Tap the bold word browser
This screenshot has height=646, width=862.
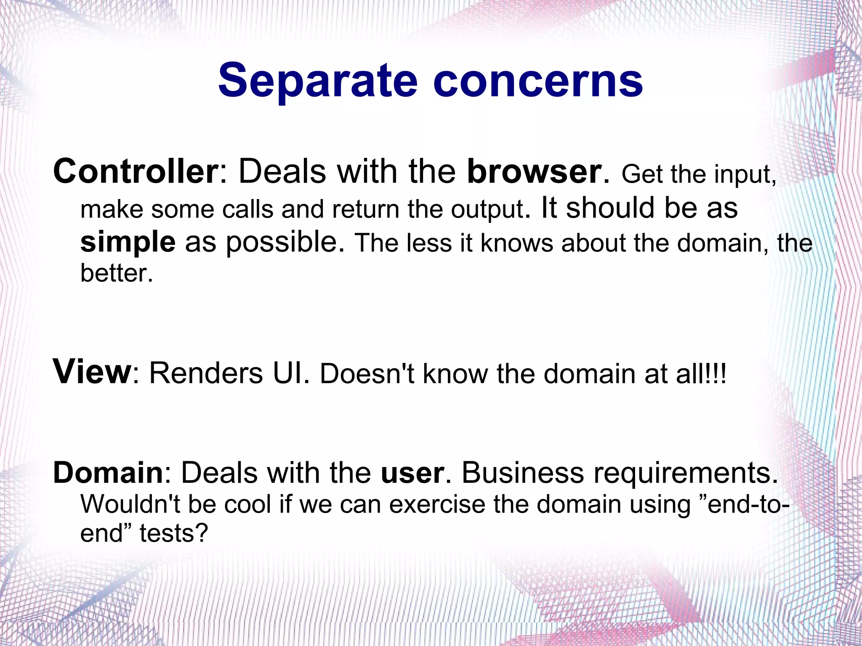pos(534,171)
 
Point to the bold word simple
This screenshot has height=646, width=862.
pos(128,242)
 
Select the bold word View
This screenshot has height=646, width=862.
pos(92,372)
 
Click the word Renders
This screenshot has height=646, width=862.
pos(206,373)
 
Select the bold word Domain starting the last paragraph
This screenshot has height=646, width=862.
pos(108,473)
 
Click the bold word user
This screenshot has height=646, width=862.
pos(412,473)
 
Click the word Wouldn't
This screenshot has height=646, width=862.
pos(130,504)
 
